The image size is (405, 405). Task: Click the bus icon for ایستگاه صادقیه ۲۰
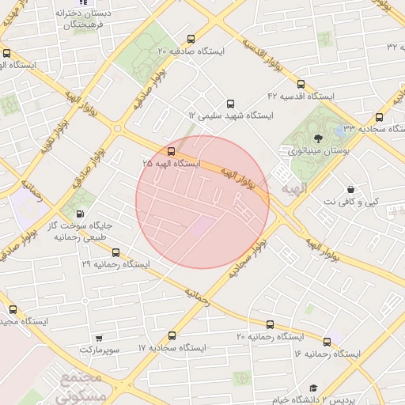[190, 40]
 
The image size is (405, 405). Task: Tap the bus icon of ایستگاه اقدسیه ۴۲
[301, 85]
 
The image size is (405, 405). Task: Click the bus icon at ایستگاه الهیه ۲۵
[171, 151]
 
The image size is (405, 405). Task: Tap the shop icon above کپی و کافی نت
[350, 190]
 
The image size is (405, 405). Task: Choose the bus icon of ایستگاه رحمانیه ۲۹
[116, 252]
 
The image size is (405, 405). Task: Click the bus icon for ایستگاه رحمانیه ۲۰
[271, 324]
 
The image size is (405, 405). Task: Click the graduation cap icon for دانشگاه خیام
[313, 388]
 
